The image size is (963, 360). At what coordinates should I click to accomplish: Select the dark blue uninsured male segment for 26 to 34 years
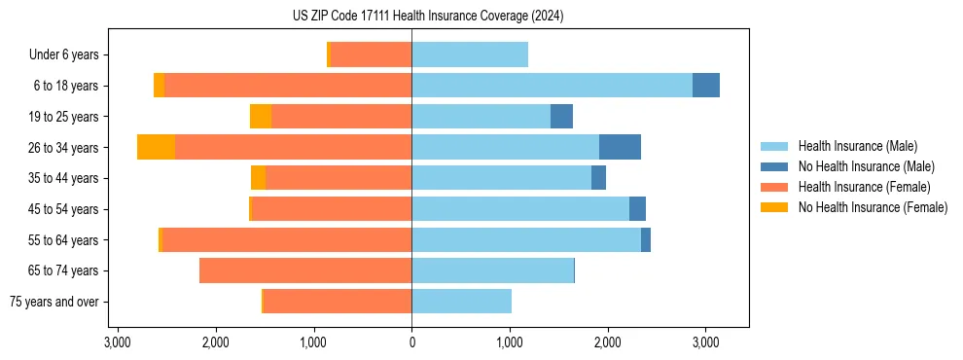(x=620, y=147)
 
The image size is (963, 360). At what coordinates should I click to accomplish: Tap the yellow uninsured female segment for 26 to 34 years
(x=156, y=147)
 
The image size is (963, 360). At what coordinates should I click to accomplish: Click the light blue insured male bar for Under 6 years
(x=470, y=54)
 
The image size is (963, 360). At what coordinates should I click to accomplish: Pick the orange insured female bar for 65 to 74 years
(x=305, y=270)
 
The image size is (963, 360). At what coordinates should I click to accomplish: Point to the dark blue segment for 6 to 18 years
(x=706, y=86)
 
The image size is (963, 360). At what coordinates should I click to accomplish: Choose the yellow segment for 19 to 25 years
(x=261, y=117)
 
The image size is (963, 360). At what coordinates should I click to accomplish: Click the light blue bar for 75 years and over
(x=461, y=302)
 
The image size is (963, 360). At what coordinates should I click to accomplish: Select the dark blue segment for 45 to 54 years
(x=637, y=209)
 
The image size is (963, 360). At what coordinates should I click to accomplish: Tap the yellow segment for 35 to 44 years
(x=258, y=178)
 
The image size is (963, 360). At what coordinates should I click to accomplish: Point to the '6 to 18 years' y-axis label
(x=65, y=86)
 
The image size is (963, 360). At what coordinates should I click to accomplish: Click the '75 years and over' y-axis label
(x=53, y=302)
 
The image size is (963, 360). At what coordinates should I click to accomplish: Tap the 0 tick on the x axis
(x=411, y=342)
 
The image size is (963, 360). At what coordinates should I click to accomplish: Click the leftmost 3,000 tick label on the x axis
(x=117, y=342)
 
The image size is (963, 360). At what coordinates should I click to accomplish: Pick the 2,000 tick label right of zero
(x=607, y=342)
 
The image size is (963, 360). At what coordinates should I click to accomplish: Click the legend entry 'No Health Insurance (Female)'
(x=873, y=207)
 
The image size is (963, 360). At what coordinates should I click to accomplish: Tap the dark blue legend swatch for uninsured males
(x=775, y=166)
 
